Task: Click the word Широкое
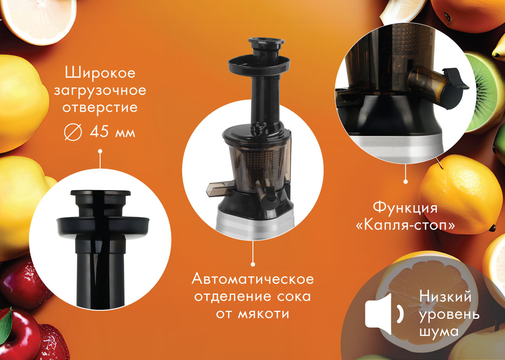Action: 100,73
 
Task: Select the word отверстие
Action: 100,108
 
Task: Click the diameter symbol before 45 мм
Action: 73,132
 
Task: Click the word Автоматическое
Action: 253,279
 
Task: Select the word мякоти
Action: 263,313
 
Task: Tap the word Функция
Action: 405,208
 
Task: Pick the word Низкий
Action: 445,296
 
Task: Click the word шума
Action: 439,331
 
